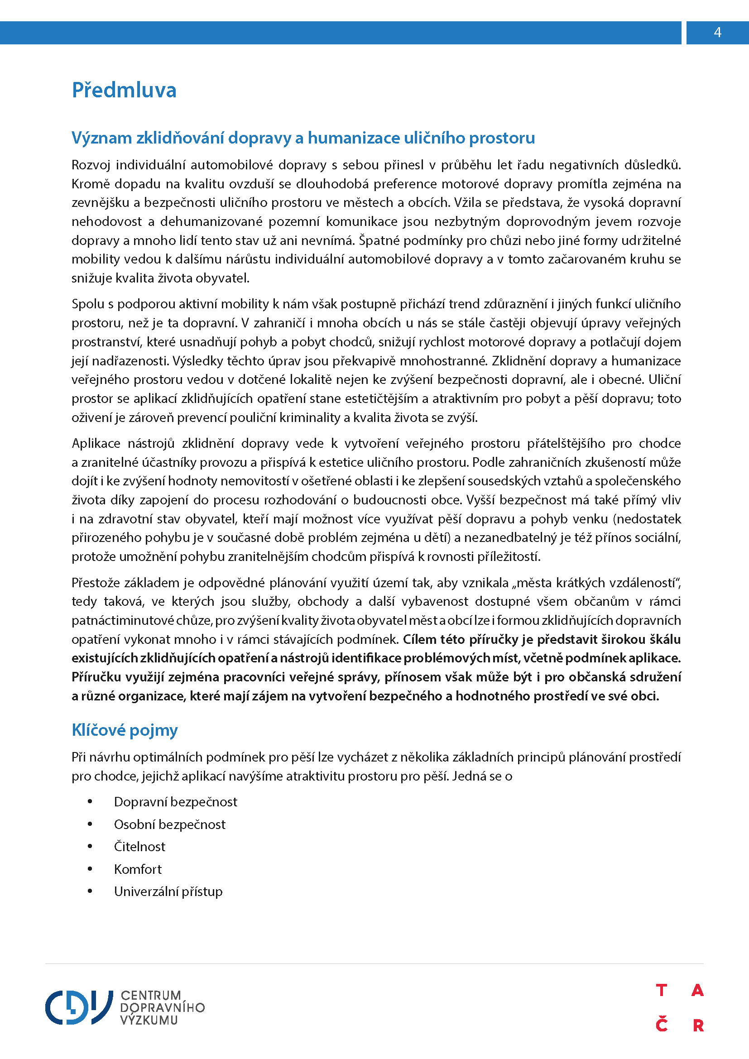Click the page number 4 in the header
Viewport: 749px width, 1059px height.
(717, 32)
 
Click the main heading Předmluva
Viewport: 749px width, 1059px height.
(124, 90)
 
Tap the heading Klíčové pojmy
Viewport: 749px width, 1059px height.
(125, 730)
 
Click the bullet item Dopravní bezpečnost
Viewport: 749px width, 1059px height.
(175, 802)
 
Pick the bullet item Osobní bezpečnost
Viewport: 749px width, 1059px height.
(169, 824)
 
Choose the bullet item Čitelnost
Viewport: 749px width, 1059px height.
(139, 846)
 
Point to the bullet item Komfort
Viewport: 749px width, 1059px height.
(138, 869)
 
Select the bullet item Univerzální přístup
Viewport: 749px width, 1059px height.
(168, 891)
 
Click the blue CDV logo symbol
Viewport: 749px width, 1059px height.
(78, 1007)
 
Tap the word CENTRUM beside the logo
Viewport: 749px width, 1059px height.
(151, 995)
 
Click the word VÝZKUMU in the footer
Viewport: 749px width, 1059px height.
(149, 1020)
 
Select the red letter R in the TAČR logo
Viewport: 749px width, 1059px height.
(698, 1025)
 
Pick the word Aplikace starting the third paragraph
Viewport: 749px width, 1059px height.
(96, 443)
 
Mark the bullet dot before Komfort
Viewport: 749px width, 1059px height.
(90, 869)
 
